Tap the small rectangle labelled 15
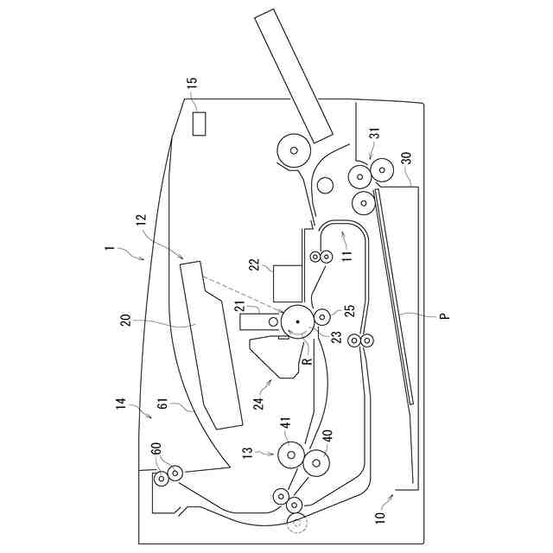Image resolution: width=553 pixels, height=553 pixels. click(x=200, y=124)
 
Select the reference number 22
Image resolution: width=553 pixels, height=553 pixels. click(x=255, y=264)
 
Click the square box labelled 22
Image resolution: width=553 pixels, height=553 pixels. click(x=287, y=281)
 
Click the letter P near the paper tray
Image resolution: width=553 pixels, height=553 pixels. click(x=443, y=317)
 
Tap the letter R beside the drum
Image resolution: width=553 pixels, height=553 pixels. click(x=306, y=362)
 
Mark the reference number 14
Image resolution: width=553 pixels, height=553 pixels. click(x=122, y=404)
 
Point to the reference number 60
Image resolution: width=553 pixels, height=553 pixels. click(x=156, y=450)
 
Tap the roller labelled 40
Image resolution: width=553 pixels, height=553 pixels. click(x=317, y=463)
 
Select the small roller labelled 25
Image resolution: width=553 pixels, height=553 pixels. click(x=321, y=316)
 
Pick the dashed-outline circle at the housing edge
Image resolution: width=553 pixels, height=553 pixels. click(x=296, y=522)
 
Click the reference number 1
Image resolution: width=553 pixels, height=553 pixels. click(x=109, y=249)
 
